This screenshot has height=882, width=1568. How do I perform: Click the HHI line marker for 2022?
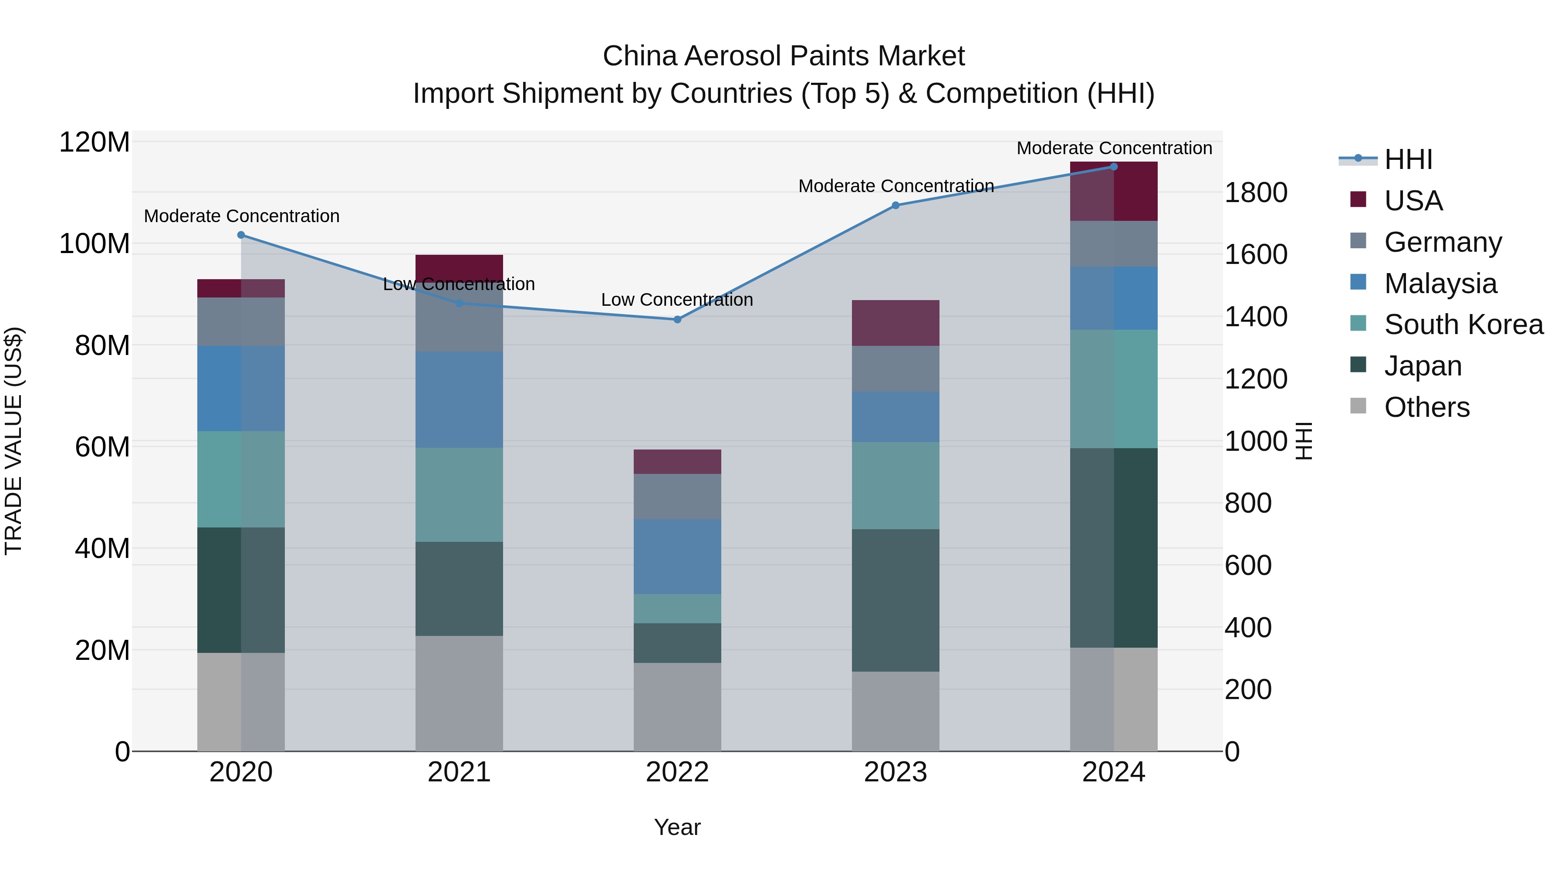pos(677,320)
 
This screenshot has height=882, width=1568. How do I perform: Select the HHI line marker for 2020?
pos(241,235)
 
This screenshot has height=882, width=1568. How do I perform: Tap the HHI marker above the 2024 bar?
pos(1113,167)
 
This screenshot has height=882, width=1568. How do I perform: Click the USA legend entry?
pos(1413,201)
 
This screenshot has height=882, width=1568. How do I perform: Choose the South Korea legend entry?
pos(1463,324)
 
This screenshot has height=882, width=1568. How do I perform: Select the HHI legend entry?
pos(1408,159)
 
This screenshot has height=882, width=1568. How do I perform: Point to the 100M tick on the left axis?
pos(95,244)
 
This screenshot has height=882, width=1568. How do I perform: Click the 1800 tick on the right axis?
pos(1255,193)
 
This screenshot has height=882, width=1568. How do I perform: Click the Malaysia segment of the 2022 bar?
pos(677,556)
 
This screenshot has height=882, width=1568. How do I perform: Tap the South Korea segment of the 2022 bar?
pos(677,609)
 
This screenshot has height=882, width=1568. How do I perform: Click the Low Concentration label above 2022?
pos(677,300)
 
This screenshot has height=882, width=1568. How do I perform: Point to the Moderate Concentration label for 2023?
pos(896,186)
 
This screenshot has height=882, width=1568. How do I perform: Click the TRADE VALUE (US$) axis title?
pos(14,441)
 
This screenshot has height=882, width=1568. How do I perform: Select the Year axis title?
pos(677,828)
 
